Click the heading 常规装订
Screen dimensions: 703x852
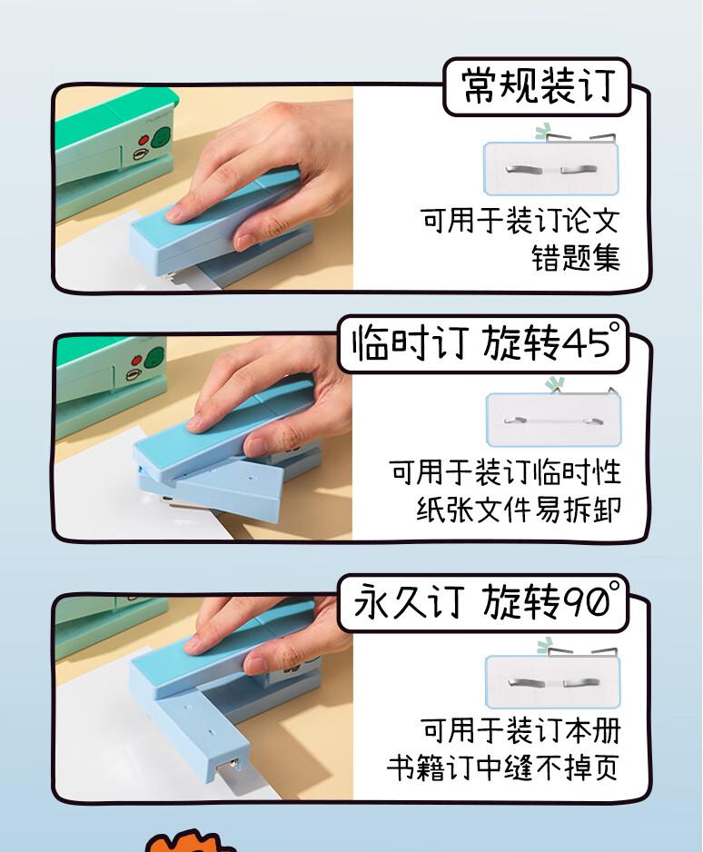pyautogui.click(x=538, y=86)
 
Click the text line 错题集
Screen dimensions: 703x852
pyautogui.click(x=575, y=258)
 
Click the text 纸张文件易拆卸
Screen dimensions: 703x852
pyautogui.click(x=519, y=510)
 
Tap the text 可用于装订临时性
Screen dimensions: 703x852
pyautogui.click(x=505, y=471)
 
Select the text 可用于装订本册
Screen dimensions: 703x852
pyautogui.click(x=520, y=729)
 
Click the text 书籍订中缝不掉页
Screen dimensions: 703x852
pyautogui.click(x=503, y=768)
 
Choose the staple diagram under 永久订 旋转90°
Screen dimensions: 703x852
pyautogui.click(x=552, y=682)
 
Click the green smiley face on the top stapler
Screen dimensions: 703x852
pyautogui.click(x=162, y=138)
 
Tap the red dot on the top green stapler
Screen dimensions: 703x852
pyautogui.click(x=144, y=140)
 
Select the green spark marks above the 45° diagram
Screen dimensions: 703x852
pyautogui.click(x=555, y=384)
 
